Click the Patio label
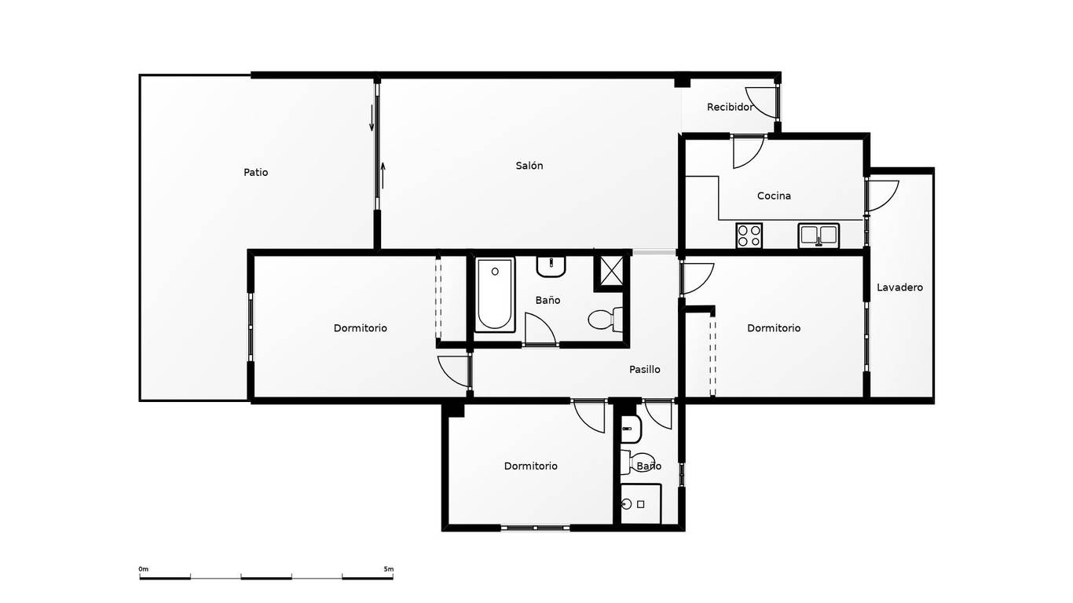click(255, 173)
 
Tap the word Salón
click(529, 166)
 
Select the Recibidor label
click(730, 108)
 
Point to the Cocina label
click(774, 196)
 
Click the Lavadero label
click(899, 287)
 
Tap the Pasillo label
click(644, 369)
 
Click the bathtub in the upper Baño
click(495, 294)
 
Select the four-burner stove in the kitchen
click(749, 236)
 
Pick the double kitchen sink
click(818, 236)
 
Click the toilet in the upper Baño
click(606, 320)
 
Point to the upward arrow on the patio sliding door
click(383, 175)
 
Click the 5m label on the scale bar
click(389, 569)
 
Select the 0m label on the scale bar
click(143, 569)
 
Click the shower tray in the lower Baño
click(640, 504)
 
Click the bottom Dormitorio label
click(531, 466)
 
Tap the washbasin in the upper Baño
click(551, 266)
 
